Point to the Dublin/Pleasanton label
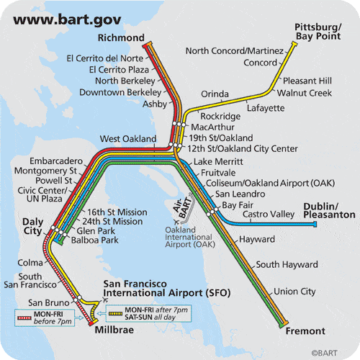pyautogui.click(x=329, y=210)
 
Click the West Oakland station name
pyautogui.click(x=127, y=138)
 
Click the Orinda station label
pyautogui.click(x=215, y=94)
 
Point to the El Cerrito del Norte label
pyautogui.click(x=104, y=58)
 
